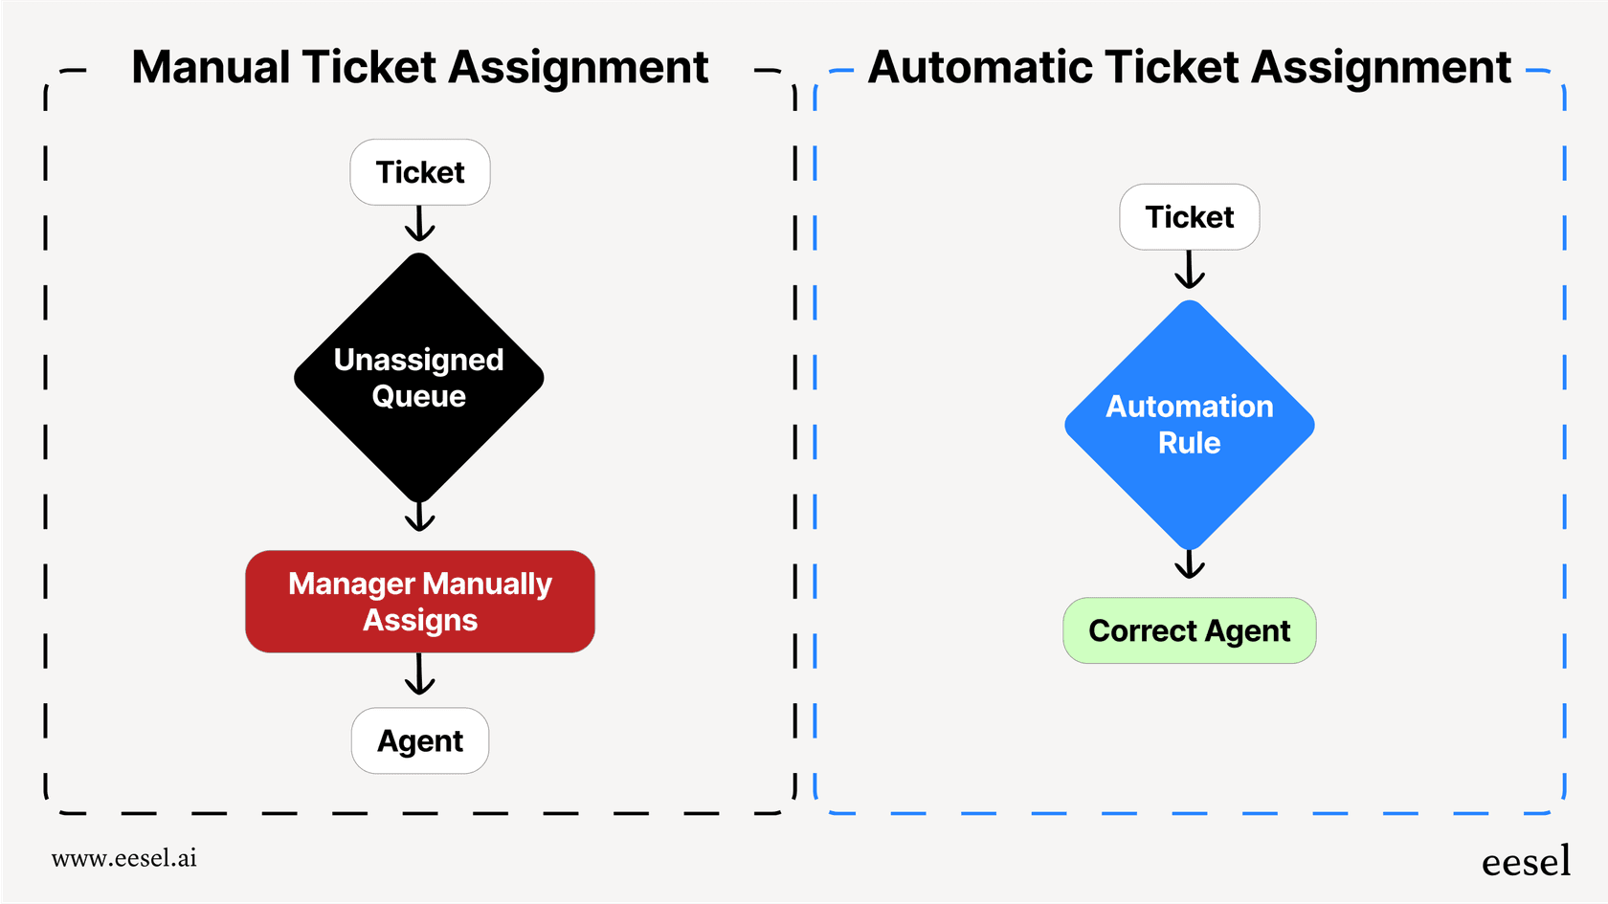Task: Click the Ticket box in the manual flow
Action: (419, 172)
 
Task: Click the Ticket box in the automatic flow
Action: (1189, 217)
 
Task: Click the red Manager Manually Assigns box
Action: (419, 602)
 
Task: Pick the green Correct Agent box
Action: (1189, 631)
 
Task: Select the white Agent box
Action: (419, 741)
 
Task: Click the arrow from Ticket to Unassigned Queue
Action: (419, 226)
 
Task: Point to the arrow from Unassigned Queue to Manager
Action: (419, 518)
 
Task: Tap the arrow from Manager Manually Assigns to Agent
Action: (419, 676)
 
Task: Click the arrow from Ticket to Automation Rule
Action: (1189, 271)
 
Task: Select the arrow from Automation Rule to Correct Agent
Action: (1189, 564)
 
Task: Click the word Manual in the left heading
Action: (211, 68)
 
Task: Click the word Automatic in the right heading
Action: (978, 68)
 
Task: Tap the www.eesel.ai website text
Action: (124, 858)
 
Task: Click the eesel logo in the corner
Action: (1526, 862)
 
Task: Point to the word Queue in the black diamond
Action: (419, 397)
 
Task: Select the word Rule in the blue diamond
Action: (1189, 444)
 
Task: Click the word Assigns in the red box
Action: (419, 621)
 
